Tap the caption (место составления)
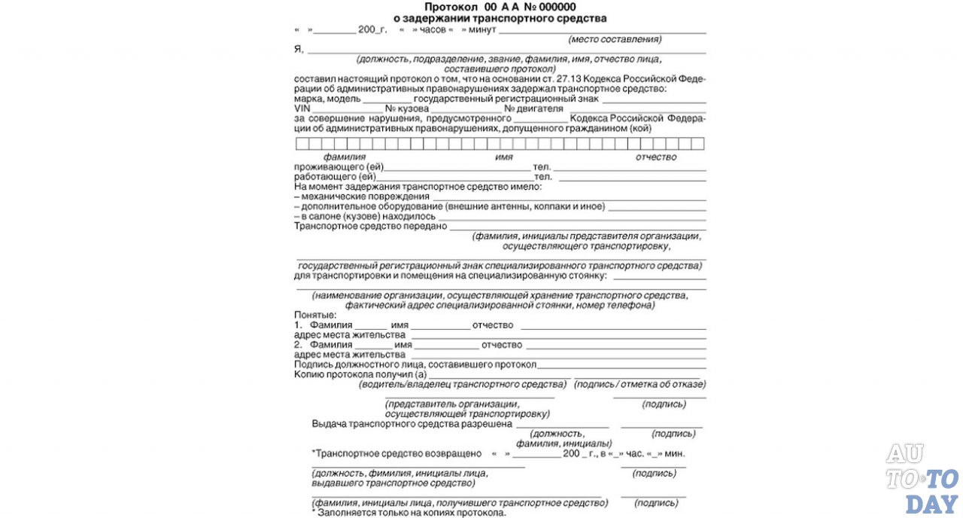pyautogui.click(x=615, y=38)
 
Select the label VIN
pyautogui.click(x=302, y=108)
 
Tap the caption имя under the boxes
pyautogui.click(x=504, y=157)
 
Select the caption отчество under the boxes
pyautogui.click(x=655, y=157)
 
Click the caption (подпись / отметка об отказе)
pyautogui.click(x=639, y=384)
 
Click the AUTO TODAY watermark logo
pyautogui.click(x=922, y=478)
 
